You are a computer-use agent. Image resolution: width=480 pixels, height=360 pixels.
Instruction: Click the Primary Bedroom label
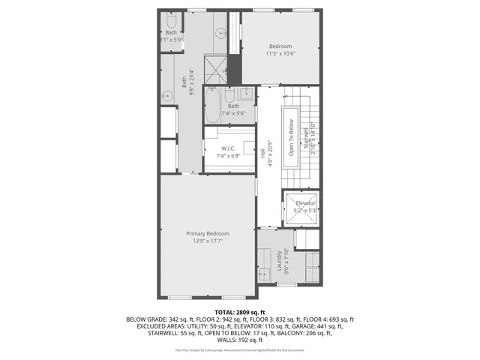tap(208, 234)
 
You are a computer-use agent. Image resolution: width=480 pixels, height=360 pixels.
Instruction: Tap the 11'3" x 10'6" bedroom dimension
tap(281, 53)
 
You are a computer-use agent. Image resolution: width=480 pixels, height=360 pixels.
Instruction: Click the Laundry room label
tap(279, 260)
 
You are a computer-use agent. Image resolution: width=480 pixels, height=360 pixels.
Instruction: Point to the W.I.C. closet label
tap(228, 148)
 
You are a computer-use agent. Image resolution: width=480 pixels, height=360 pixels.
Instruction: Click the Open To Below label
tap(289, 133)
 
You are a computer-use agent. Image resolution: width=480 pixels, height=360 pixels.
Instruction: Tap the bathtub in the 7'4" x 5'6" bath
tap(212, 106)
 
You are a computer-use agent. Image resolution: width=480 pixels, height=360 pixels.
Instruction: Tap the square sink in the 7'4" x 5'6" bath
tap(246, 94)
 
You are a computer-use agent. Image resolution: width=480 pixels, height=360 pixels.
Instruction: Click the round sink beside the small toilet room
tap(220, 33)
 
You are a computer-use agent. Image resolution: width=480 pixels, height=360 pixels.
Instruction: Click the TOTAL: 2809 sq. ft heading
tap(239, 312)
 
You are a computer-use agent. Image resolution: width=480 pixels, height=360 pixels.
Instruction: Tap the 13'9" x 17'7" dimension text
tap(208, 241)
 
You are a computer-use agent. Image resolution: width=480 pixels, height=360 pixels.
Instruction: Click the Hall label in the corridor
tap(262, 151)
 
